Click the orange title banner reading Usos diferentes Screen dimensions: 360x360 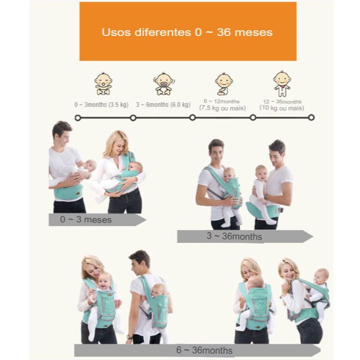click(188, 31)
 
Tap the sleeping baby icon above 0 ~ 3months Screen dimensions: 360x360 click(103, 84)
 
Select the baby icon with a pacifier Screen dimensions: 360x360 click(163, 84)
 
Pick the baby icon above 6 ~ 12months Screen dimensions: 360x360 click(223, 84)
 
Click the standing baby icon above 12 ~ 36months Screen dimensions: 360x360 click(282, 84)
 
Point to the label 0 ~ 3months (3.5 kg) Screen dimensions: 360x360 click(101, 105)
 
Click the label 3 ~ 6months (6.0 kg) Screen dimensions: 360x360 click(163, 105)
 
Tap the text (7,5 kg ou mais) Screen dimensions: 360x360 click(222, 108)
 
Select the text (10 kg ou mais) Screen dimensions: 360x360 click(282, 108)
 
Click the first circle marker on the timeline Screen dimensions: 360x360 click(78, 118)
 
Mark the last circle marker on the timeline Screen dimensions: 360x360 click(311, 118)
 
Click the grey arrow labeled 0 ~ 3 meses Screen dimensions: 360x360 click(98, 220)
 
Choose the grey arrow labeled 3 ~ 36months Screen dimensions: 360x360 click(245, 236)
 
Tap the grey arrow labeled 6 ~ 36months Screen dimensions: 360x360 click(197, 350)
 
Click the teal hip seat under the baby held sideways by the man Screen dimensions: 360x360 click(68, 192)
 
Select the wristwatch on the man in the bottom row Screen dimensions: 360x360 click(129, 337)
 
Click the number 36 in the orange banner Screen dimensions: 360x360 click(223, 32)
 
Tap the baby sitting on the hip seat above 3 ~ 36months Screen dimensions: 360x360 click(262, 193)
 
